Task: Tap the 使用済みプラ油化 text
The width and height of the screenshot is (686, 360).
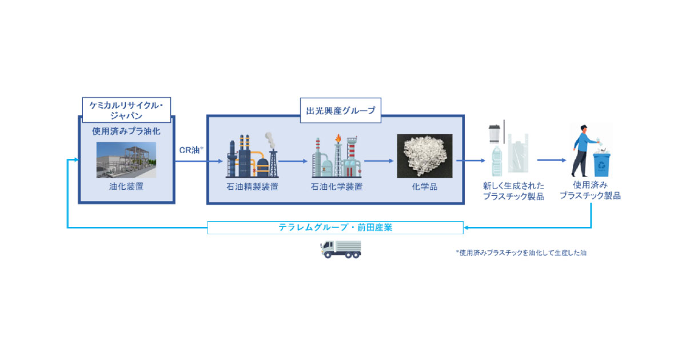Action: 126,131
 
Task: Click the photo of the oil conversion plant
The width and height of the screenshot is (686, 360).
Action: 126,159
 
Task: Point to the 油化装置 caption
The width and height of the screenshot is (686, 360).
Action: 126,186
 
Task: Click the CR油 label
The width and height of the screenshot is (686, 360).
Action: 191,150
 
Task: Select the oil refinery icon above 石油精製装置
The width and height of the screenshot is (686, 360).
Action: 252,155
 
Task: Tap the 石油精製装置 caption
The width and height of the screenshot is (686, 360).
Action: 252,186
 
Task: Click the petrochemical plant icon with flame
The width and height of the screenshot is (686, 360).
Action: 336,155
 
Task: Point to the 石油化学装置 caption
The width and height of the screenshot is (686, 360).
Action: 336,186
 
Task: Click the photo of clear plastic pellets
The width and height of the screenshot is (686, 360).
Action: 425,156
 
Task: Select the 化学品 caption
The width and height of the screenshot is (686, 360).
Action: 425,186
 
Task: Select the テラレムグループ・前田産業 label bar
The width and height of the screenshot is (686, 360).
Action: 335,227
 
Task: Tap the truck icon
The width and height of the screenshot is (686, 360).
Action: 341,249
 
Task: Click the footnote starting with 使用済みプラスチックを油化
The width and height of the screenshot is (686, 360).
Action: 520,252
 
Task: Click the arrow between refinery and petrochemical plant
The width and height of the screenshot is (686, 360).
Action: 292,161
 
